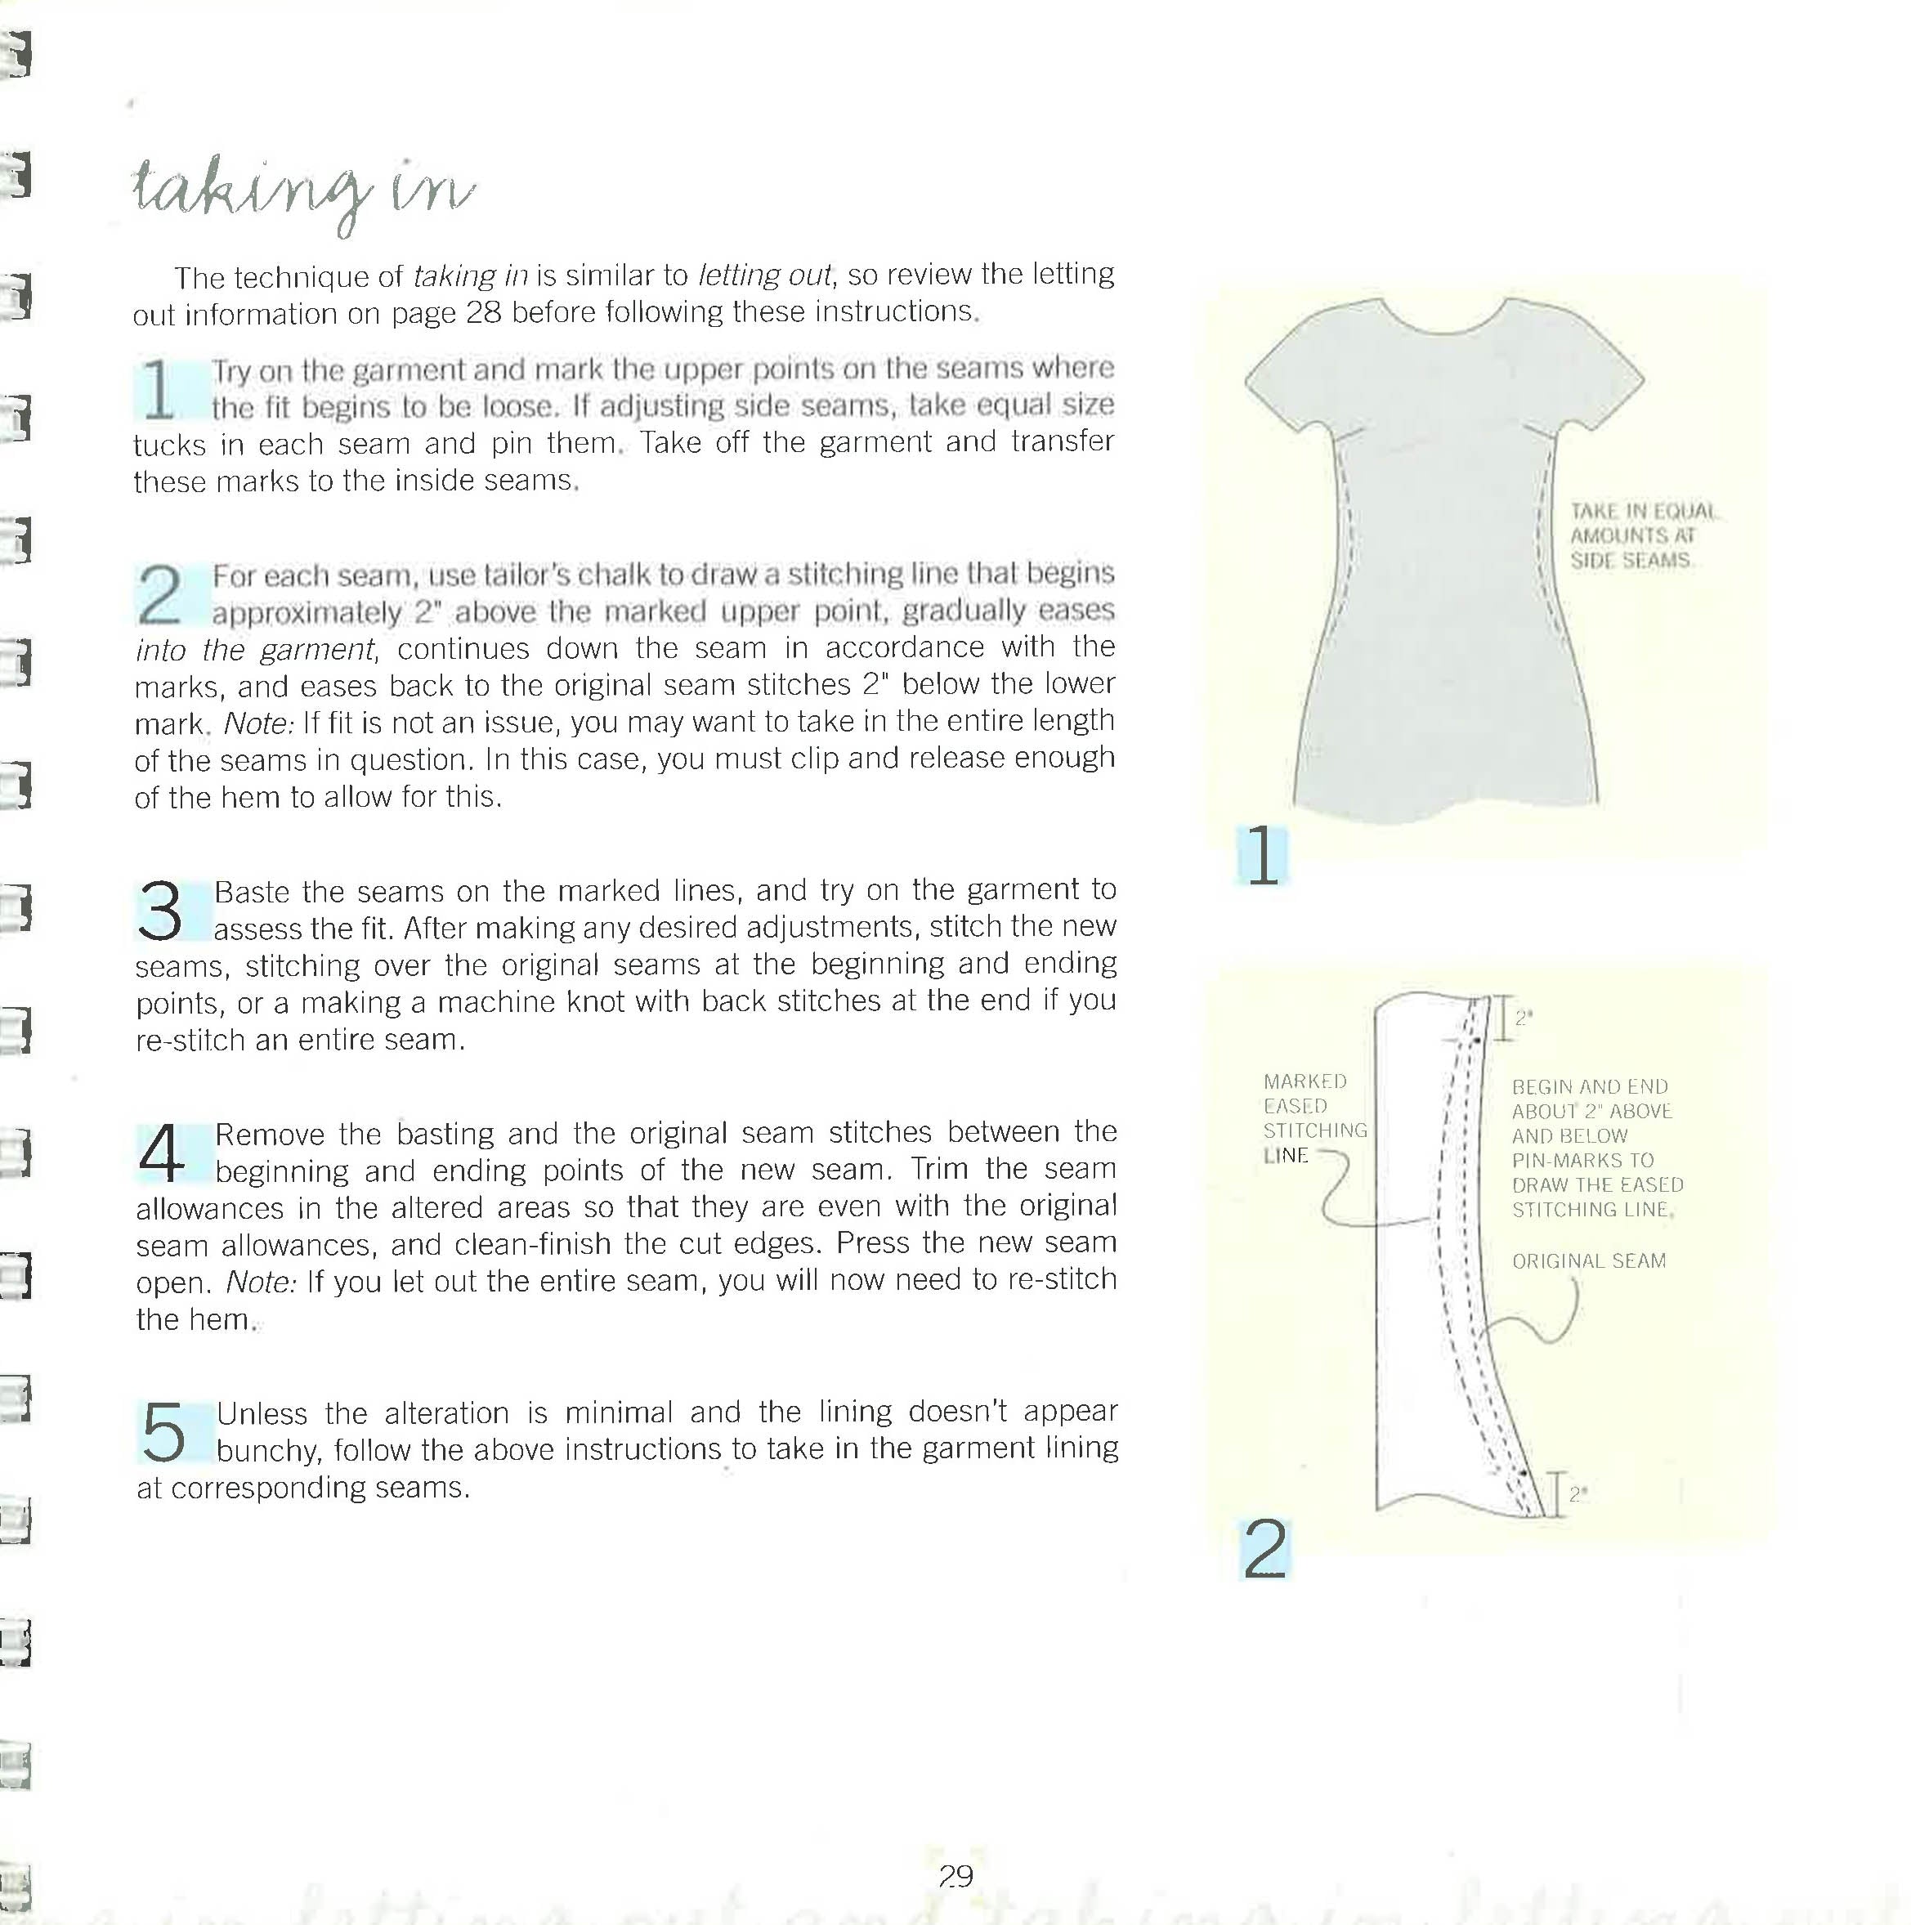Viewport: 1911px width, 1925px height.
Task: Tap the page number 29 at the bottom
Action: tap(955, 1877)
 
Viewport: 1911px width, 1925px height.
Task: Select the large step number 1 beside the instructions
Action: tap(159, 390)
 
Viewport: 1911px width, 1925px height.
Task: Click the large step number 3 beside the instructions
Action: tap(159, 911)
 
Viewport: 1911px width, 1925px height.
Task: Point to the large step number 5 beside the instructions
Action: tap(163, 1432)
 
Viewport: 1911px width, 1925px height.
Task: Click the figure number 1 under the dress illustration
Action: tap(1261, 856)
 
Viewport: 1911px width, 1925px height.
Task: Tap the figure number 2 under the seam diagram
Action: tap(1264, 1549)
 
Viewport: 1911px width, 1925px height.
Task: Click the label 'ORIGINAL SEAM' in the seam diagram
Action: tap(1588, 1261)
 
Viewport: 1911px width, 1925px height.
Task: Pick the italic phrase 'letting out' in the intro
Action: tap(764, 274)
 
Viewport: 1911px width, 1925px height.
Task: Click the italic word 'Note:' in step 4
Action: tap(261, 1282)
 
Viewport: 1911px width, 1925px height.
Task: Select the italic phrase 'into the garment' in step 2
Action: tap(255, 650)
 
